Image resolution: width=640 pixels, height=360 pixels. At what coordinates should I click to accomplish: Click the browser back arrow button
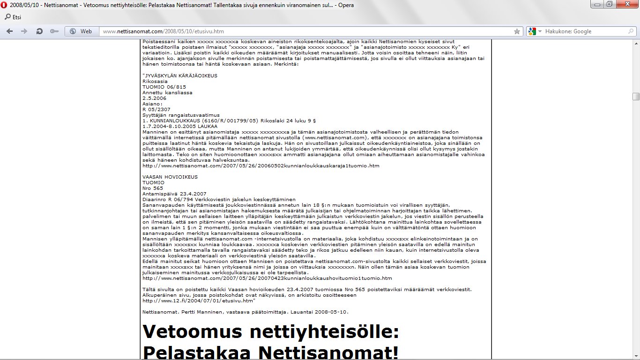pos(10,31)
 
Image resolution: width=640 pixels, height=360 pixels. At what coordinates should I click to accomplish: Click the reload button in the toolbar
pos(40,31)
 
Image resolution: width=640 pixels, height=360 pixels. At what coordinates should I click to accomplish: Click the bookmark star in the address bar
pos(517,31)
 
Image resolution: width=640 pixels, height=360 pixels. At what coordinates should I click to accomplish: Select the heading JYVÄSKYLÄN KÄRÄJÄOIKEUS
pos(180,75)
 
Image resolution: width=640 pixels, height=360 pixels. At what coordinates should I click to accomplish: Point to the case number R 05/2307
pos(156,109)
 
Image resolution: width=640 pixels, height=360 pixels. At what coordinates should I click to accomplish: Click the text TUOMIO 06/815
pos(164,87)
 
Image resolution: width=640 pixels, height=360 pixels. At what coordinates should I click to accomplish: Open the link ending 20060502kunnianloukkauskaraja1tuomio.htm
pos(260,165)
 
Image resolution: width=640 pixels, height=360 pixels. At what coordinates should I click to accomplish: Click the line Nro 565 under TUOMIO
pos(153,188)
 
